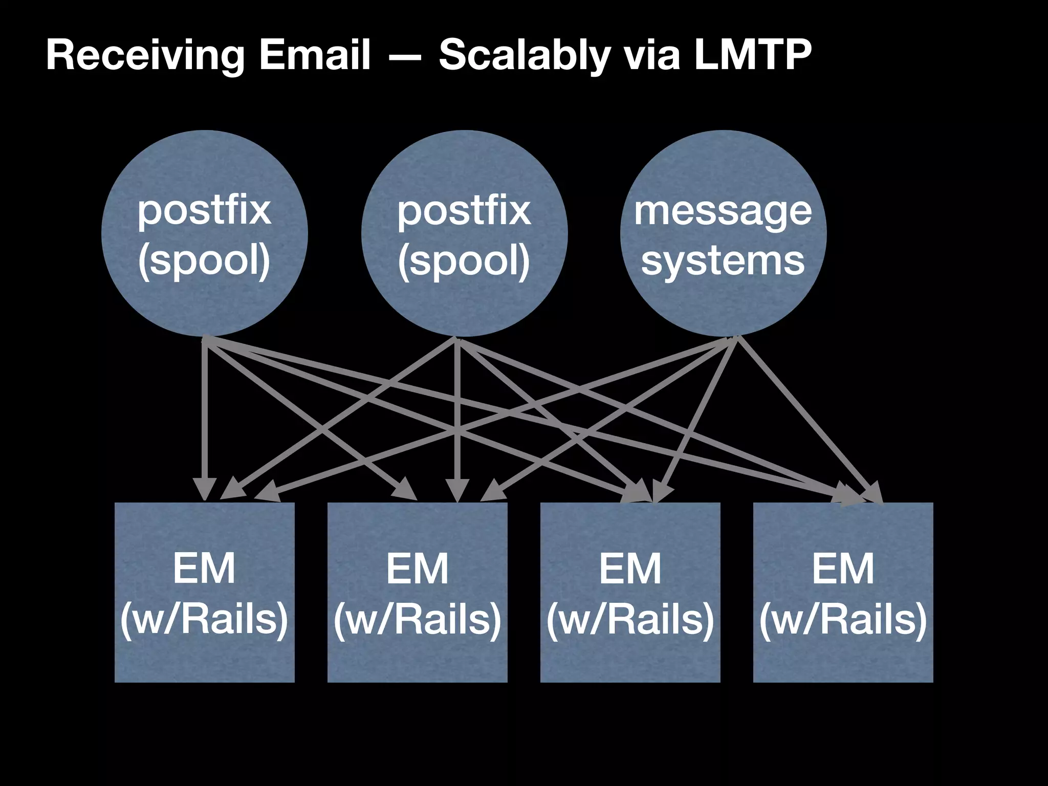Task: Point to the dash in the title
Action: [405, 56]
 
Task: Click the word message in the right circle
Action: [723, 211]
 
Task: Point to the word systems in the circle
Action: [723, 261]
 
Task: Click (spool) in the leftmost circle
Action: [204, 261]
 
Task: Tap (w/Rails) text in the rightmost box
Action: [843, 619]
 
